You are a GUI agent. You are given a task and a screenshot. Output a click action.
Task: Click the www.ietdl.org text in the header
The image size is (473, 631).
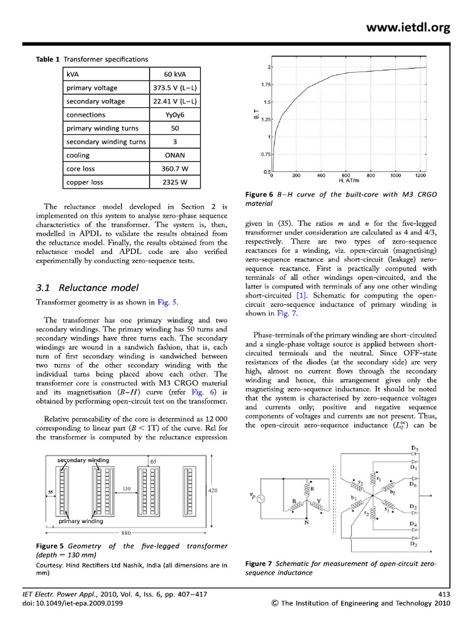click(x=409, y=26)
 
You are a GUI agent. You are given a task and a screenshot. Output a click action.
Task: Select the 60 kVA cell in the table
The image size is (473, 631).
click(x=174, y=75)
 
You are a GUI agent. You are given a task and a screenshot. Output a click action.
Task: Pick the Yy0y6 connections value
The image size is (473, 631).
click(x=174, y=115)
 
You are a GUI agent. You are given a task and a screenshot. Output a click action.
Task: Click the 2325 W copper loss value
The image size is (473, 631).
click(x=174, y=182)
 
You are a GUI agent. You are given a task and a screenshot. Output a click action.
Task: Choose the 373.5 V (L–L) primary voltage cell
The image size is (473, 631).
click(x=174, y=88)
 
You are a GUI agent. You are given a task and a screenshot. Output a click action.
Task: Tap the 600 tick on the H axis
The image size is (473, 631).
click(x=346, y=175)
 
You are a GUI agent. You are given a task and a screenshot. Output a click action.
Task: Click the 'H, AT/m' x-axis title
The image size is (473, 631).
click(x=349, y=181)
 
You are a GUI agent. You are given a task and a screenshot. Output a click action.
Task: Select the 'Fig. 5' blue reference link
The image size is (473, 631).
click(x=167, y=302)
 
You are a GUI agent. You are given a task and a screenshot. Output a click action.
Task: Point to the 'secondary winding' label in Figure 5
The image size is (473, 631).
click(x=83, y=460)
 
